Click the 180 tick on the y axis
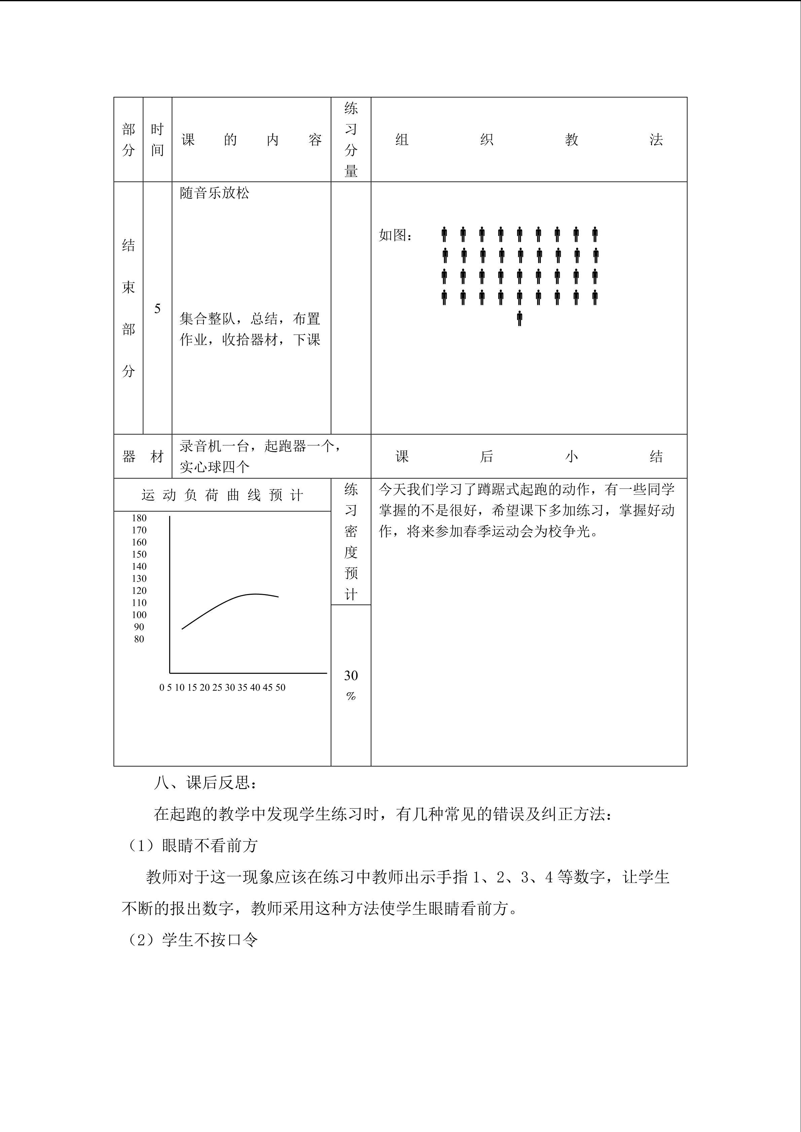139,518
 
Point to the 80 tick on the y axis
139,639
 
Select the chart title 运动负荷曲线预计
222,495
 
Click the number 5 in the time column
157,309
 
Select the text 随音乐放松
215,193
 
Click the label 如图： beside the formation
396,236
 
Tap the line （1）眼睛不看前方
193,846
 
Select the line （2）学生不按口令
193,940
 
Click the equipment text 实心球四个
215,466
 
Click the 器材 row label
143,457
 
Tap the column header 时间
157,140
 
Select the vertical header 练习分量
351,140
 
